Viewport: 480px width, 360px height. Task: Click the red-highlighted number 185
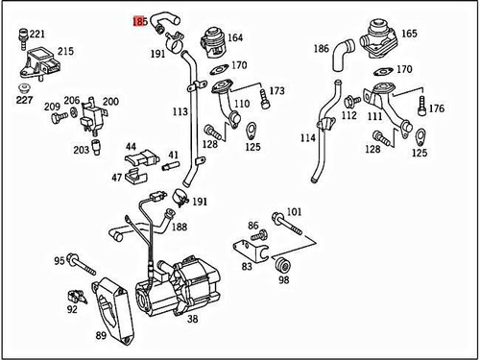click(140, 18)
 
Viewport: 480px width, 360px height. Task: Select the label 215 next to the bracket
click(65, 51)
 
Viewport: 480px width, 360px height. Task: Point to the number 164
click(234, 38)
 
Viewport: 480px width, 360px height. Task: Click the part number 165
click(408, 34)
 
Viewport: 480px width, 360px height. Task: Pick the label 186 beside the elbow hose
click(321, 47)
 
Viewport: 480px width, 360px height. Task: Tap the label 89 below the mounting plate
click(101, 335)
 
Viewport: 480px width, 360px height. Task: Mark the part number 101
click(294, 211)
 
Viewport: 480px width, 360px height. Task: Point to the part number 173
click(276, 91)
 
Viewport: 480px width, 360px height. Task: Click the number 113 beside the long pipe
click(180, 111)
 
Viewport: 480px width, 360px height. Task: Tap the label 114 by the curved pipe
click(306, 138)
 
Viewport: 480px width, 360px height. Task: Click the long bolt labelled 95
click(83, 261)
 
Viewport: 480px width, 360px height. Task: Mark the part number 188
click(180, 228)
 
